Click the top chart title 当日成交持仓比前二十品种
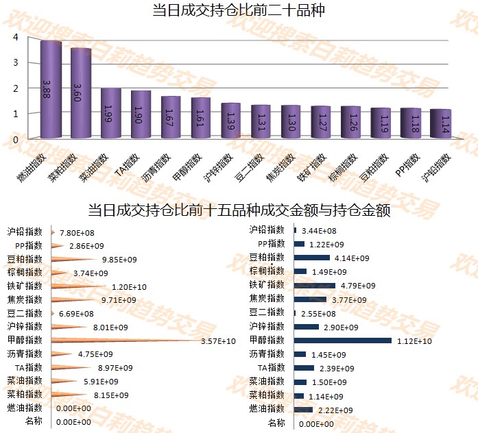pos(238,10)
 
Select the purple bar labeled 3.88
pos(50,89)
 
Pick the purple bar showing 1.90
pos(141,114)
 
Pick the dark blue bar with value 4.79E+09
pos(314,285)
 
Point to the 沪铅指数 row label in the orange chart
pos(25,232)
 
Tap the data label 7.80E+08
pos(77,232)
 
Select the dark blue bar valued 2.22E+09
pos(302,410)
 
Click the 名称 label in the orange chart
pos(33,421)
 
